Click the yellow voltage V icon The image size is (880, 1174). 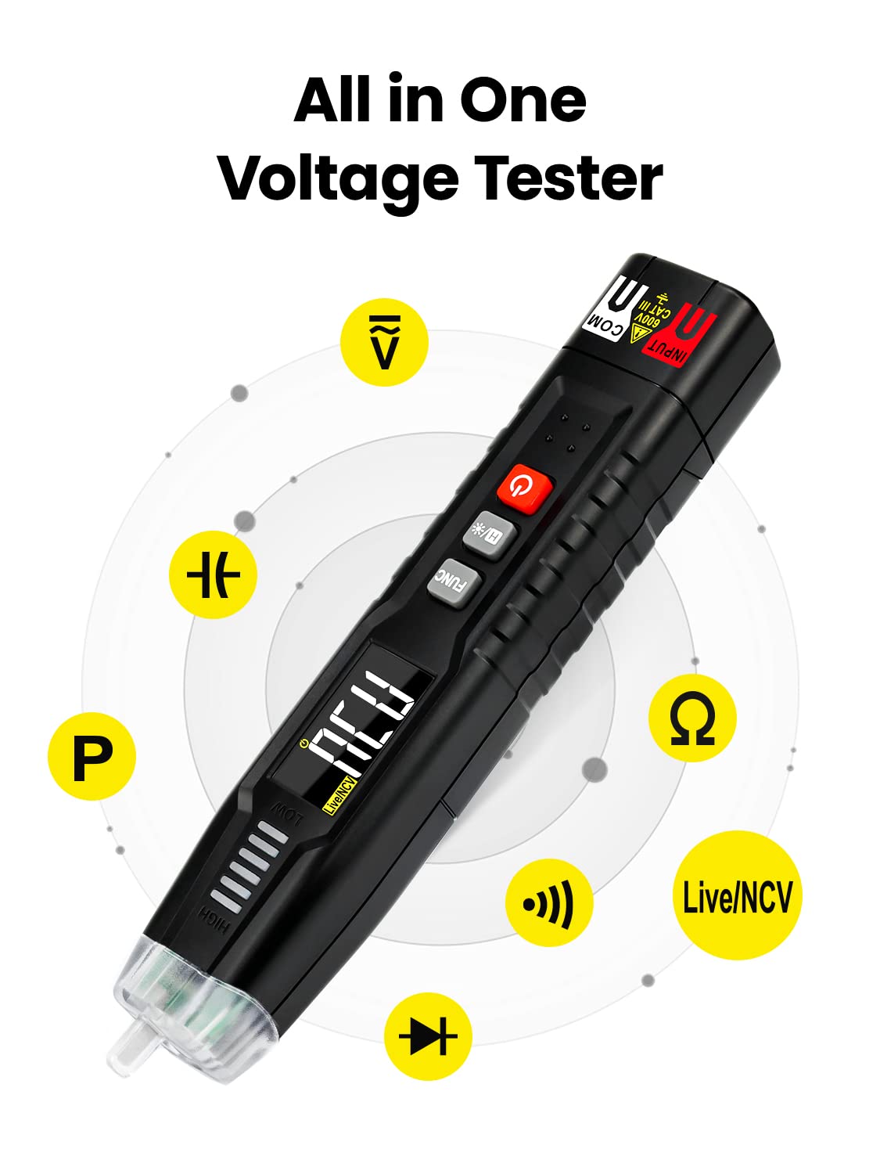click(384, 341)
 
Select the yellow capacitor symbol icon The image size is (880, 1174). click(213, 574)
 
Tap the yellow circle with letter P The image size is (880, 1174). click(92, 756)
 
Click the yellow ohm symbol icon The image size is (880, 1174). click(692, 718)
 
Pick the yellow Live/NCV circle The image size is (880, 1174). click(737, 895)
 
